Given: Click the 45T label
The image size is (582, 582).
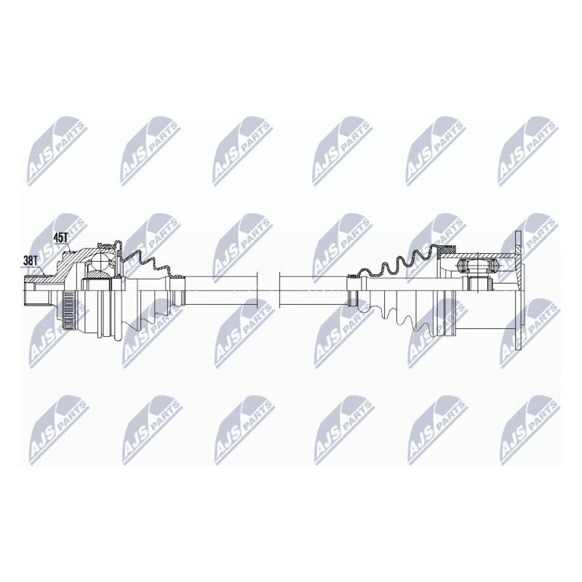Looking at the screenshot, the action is pos(61,237).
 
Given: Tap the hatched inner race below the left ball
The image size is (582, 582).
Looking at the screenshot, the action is pos(97,274).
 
